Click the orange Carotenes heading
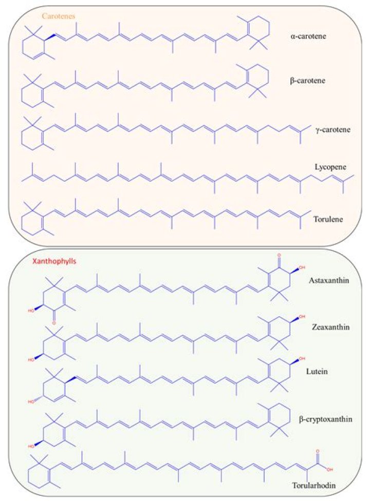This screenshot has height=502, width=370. point(59,16)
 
